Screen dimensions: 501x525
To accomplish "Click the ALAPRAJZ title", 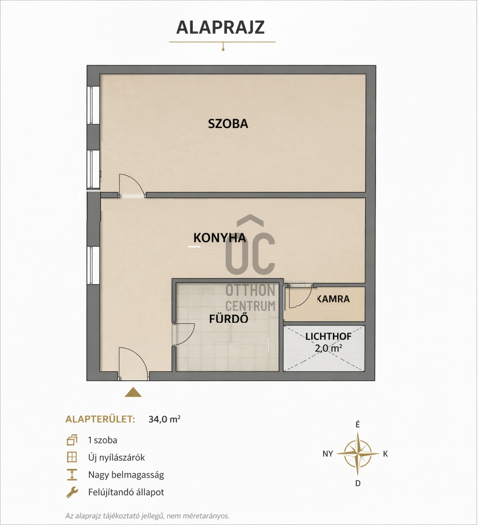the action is point(220,27).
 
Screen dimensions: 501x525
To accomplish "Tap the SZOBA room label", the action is point(228,124).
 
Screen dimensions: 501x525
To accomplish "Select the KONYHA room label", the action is point(220,238).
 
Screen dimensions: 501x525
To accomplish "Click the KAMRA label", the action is point(333,299).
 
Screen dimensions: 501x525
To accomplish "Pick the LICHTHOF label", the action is point(329,336).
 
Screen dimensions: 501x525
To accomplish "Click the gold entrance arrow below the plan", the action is point(133,392).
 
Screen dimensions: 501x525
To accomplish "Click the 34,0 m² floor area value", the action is point(164,419).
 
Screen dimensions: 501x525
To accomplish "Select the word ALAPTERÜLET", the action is point(101,419).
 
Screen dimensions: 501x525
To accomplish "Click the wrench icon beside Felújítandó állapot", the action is point(72,492).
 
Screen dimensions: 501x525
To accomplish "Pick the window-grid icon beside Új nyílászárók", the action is point(72,457).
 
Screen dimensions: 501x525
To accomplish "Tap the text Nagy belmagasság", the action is point(126,475).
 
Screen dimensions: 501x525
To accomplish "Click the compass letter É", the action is point(358,424).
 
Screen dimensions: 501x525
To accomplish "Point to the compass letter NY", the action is point(328,454).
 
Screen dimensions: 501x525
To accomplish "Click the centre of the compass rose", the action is point(358,454).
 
